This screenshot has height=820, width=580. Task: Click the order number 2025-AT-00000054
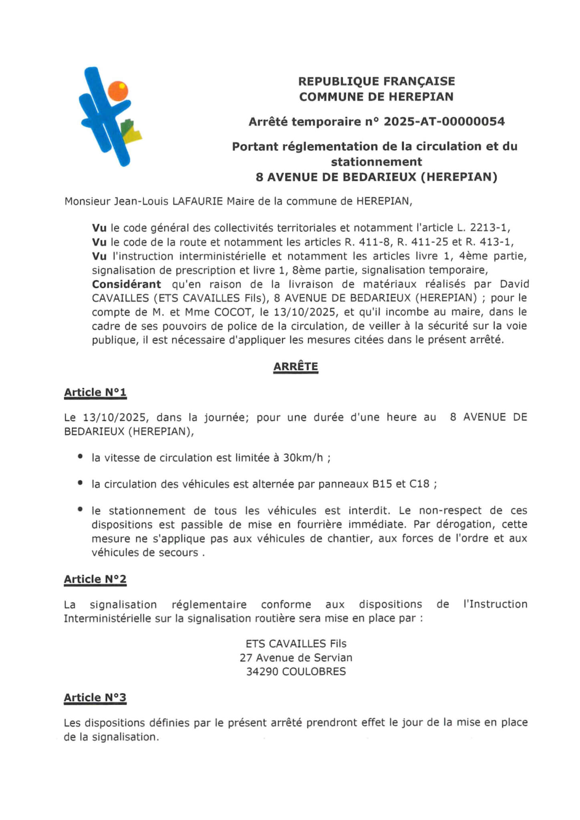[x=444, y=121]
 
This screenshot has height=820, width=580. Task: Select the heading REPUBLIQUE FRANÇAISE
[x=377, y=81]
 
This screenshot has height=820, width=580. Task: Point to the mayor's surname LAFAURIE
[x=197, y=201]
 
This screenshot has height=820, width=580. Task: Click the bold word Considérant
[x=127, y=284]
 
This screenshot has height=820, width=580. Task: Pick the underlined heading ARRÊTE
[x=296, y=366]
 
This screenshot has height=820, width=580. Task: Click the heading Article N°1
[x=95, y=392]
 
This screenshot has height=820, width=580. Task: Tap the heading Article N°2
[x=95, y=579]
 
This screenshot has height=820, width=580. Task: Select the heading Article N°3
[x=95, y=697]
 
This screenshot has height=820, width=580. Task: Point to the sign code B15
[x=382, y=484]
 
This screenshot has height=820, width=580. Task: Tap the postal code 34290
[x=262, y=671]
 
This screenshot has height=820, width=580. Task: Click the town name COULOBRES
[x=314, y=671]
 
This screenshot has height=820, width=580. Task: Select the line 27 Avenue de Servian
[x=296, y=657]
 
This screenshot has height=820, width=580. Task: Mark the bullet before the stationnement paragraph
[x=81, y=509]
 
